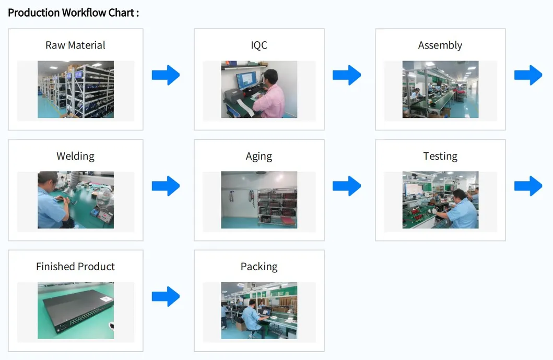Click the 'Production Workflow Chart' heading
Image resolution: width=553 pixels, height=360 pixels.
coord(73,13)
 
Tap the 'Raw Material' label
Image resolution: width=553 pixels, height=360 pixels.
coord(75,45)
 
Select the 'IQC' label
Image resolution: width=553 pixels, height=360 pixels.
coord(259,45)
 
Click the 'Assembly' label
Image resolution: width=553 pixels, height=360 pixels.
coord(440,45)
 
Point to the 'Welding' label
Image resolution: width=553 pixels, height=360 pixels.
coord(75,156)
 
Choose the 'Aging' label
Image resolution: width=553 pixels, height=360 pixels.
coord(259,156)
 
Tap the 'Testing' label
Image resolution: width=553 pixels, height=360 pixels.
coord(440,156)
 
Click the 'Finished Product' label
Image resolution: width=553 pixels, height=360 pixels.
coord(75,267)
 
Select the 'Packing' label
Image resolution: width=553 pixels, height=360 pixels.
coord(259,267)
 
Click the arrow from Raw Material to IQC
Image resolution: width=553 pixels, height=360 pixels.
coord(166,75)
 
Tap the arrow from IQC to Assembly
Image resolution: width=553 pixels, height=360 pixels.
coord(347,75)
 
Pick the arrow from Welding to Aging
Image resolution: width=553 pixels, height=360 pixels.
coord(166,186)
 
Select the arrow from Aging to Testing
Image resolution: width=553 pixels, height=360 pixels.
coord(347,186)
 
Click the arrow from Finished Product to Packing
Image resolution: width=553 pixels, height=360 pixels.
coord(166,296)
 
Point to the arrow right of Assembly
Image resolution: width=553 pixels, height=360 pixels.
coord(528,75)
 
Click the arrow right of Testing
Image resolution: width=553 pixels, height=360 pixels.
coord(528,186)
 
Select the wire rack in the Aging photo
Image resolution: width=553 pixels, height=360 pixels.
coord(277,207)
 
